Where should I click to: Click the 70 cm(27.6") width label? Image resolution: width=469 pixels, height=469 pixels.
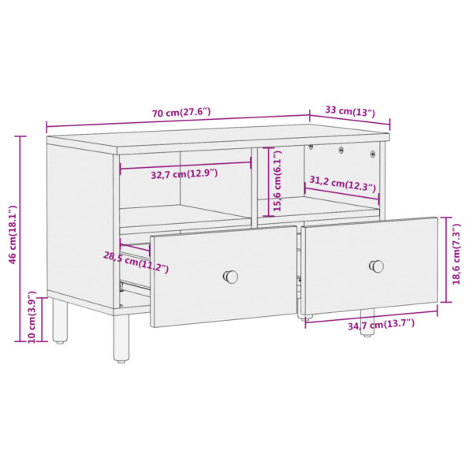181,112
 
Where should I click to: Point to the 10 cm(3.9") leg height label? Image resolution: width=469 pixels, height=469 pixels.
32,320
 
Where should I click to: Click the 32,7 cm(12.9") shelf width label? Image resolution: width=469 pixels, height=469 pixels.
184,173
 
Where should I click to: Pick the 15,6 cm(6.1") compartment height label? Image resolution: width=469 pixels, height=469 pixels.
277,181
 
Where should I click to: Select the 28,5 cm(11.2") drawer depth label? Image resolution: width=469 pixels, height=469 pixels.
136,262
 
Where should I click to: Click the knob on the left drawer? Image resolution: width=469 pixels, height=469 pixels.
231,277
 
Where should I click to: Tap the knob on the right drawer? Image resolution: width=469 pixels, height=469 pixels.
378,266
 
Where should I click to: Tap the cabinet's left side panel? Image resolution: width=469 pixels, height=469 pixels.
79,221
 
